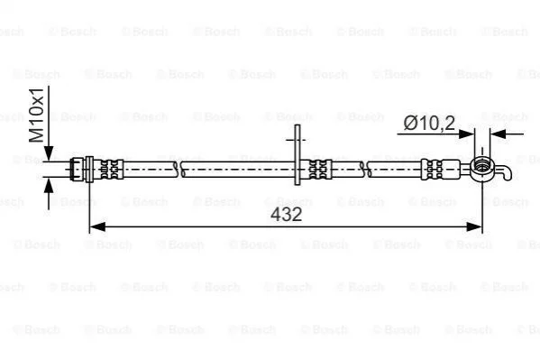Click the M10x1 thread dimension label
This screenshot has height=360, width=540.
[36, 115]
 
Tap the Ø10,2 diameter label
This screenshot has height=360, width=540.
[429, 123]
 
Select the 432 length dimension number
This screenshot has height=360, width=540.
[286, 214]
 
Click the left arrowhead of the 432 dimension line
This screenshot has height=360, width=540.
[97, 226]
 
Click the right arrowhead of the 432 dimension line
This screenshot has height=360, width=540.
[474, 226]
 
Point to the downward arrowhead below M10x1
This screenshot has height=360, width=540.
[49, 153]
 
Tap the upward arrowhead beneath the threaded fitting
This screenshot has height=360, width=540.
[49, 186]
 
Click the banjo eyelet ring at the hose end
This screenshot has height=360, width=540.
[481, 169]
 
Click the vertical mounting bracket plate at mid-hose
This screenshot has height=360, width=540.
[297, 155]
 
